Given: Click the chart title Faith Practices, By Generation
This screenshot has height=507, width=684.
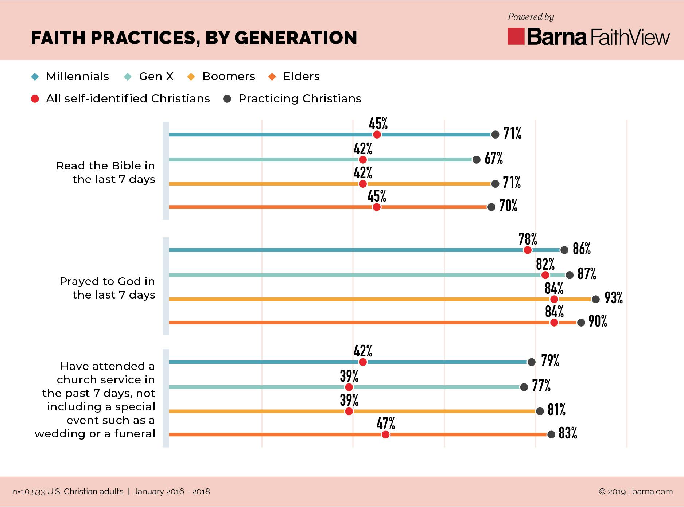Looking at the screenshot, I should click(x=194, y=38).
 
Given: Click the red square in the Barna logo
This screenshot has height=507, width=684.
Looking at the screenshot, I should click(x=516, y=36).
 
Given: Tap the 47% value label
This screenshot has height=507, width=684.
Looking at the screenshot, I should click(x=386, y=424).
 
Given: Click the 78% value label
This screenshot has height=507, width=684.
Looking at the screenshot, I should click(x=528, y=239).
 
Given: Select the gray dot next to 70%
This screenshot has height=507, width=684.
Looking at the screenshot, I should click(x=491, y=207).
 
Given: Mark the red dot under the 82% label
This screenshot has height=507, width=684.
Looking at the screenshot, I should click(x=545, y=275).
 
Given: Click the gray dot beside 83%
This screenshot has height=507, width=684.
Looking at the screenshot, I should click(x=551, y=434).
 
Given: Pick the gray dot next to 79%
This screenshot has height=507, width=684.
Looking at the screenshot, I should click(x=531, y=362).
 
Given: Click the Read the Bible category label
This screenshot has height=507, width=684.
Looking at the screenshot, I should click(x=106, y=172).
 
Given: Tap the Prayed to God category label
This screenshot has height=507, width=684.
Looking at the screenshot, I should click(x=107, y=288).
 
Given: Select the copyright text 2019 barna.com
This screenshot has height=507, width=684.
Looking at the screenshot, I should click(x=636, y=491).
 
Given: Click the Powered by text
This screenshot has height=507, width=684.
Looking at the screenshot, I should click(x=531, y=17).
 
